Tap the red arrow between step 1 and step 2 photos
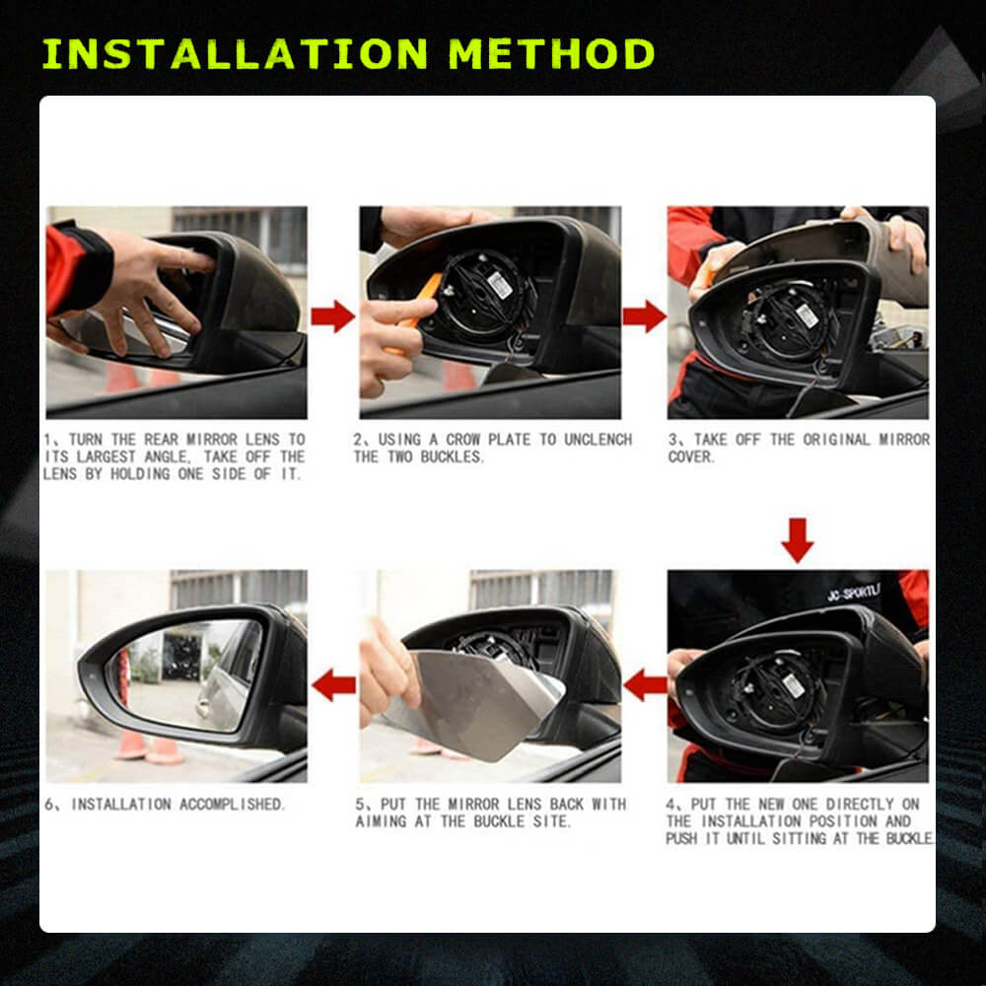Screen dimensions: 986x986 [x=333, y=316]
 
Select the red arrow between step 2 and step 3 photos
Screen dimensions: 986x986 [x=644, y=316]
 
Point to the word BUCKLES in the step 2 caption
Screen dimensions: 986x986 [x=453, y=458]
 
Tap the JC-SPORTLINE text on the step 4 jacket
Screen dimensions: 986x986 [x=853, y=596]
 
